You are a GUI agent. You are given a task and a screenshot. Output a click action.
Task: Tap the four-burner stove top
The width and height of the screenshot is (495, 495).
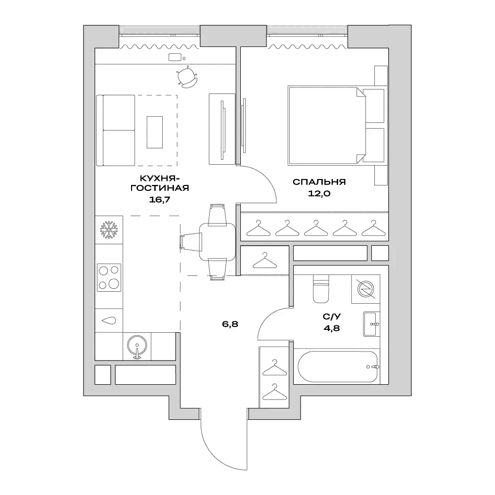coord(109,277)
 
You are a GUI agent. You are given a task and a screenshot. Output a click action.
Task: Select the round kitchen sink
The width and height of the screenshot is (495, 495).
coord(137,344)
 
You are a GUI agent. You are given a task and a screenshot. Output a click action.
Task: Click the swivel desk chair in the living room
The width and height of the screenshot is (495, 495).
coord(187,78)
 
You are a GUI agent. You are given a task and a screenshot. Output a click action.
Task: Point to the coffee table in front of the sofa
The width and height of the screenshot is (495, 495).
coord(154,132)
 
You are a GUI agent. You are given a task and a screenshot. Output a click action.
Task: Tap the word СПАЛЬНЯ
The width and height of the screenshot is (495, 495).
coord(319,182)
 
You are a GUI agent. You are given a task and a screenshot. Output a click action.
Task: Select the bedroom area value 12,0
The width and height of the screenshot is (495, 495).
coord(319,194)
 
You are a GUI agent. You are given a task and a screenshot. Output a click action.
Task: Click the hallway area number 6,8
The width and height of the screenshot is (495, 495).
coord(230,324)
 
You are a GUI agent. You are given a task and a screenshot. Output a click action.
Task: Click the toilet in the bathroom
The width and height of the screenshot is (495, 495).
coord(321,289)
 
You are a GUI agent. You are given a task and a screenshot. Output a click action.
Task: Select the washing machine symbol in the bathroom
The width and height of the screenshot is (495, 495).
coord(366,289)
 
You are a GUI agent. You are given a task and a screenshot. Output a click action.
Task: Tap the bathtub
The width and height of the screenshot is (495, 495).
coord(339,366)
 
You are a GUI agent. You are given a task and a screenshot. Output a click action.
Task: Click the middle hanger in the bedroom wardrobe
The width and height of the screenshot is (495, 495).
coord(315,228)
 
